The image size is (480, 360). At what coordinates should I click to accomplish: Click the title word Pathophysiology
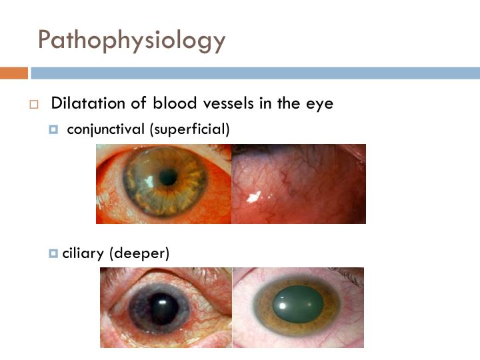point(131,40)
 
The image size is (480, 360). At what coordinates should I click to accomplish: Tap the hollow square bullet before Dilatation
point(34,105)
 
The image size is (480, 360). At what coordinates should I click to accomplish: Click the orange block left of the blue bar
point(13,73)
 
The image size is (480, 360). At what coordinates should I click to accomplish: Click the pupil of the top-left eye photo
point(168,177)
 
